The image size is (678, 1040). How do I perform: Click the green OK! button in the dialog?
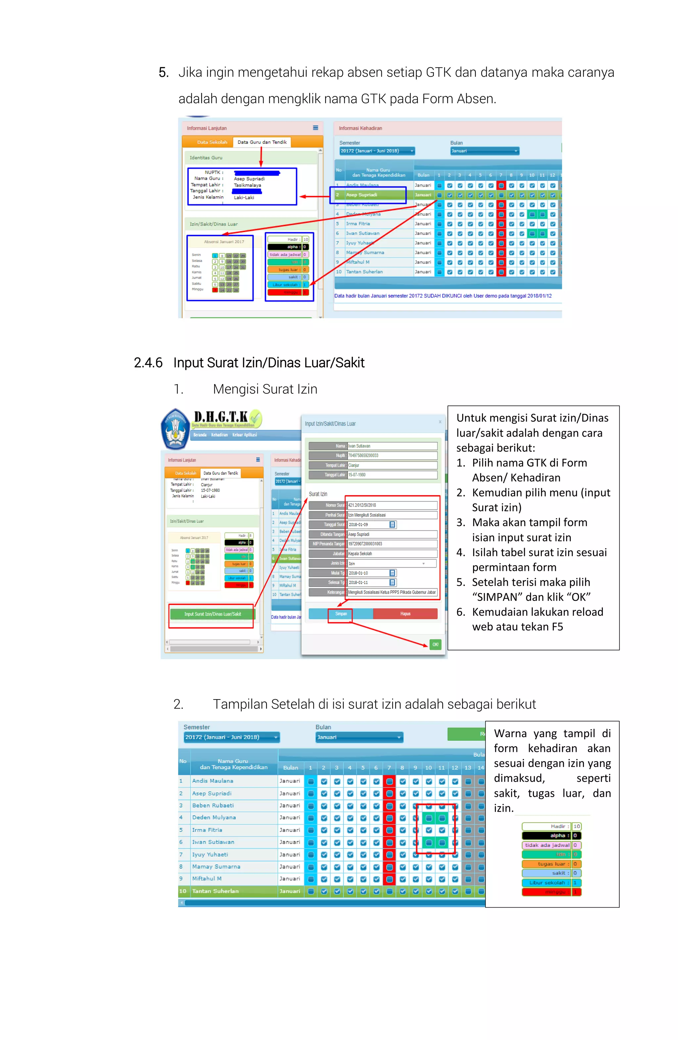[435, 644]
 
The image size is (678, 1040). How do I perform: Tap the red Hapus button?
[405, 613]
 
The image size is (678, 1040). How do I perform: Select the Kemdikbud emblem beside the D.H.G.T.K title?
[175, 429]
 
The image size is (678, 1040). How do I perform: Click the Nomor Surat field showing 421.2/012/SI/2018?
[392, 505]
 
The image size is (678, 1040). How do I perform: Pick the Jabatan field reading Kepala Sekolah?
[392, 554]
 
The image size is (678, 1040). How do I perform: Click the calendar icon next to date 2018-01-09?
[392, 524]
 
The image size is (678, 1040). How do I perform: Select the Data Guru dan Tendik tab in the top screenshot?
[262, 142]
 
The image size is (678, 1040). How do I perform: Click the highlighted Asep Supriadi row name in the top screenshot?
[362, 195]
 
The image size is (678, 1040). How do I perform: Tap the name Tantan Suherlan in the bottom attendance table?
[215, 891]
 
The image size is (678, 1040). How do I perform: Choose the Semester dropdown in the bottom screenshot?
[231, 737]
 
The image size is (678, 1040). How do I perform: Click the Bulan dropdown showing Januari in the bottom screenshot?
[359, 737]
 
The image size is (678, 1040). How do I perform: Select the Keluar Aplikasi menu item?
[244, 435]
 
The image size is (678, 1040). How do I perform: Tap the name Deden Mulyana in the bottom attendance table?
[214, 817]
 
